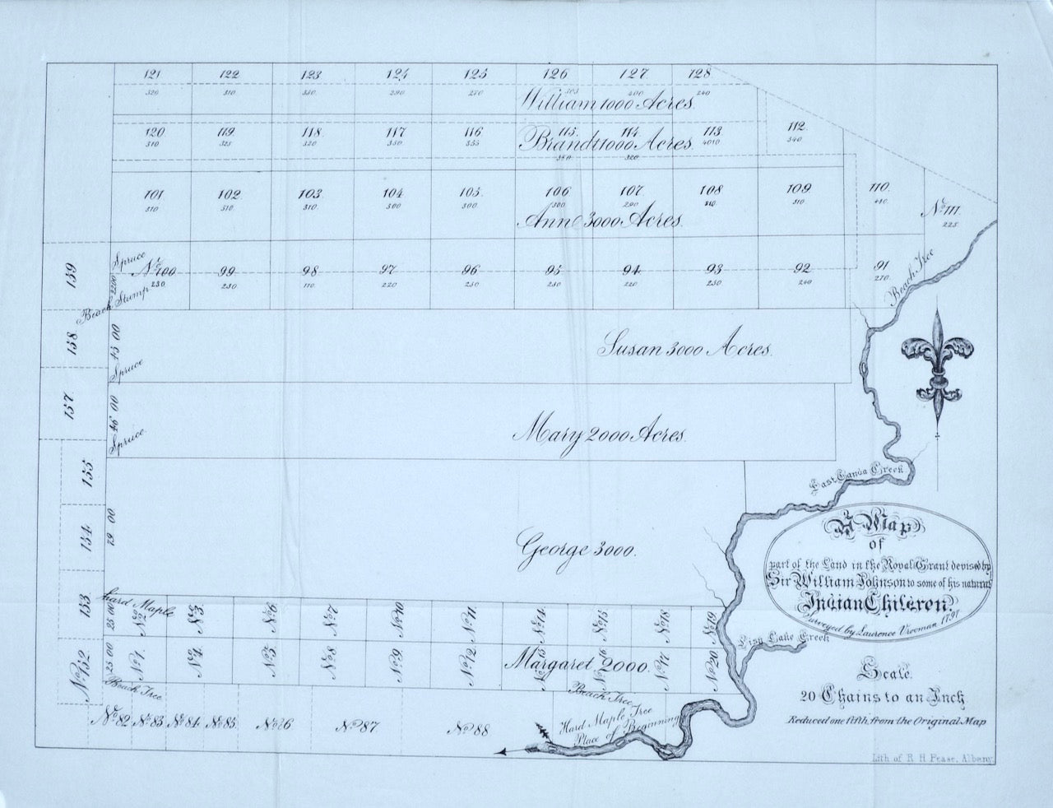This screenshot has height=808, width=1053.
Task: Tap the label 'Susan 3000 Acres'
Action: [684, 348]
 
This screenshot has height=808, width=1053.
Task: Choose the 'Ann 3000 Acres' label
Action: [604, 221]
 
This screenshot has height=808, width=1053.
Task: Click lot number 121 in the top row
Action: [152, 76]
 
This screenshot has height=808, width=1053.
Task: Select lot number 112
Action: [796, 128]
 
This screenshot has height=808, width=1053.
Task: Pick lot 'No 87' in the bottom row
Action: [356, 726]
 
